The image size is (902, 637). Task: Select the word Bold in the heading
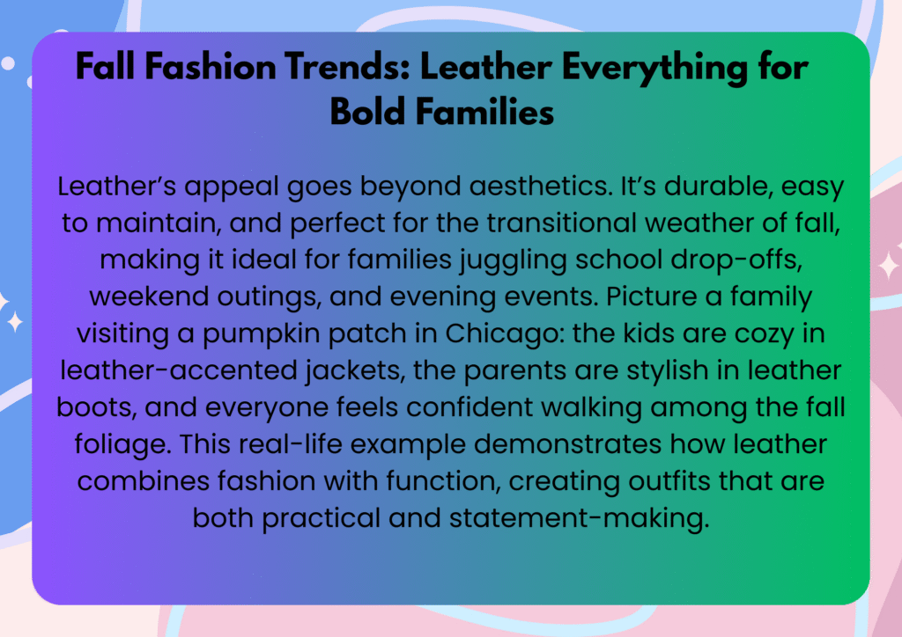click(x=367, y=111)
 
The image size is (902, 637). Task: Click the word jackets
click(x=356, y=371)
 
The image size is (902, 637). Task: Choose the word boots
click(x=97, y=407)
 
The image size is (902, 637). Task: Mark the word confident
click(x=469, y=406)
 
